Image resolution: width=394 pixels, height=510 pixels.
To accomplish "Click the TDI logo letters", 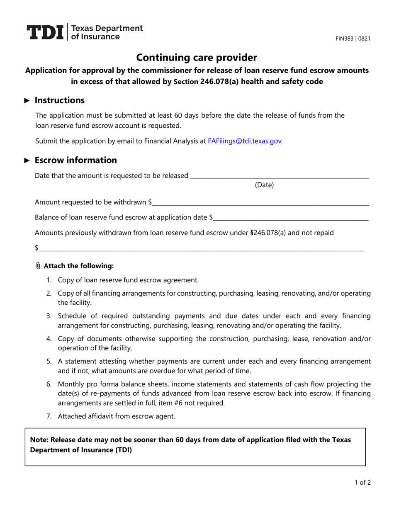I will click(45, 32).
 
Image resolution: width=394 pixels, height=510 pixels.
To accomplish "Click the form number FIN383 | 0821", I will click(353, 39).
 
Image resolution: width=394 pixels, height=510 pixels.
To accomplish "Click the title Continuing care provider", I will click(197, 58).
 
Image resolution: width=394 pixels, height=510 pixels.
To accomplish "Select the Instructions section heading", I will click(59, 100).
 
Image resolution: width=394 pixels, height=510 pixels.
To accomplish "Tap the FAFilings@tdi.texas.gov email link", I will click(244, 141).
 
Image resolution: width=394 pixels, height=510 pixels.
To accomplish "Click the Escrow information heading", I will click(75, 160).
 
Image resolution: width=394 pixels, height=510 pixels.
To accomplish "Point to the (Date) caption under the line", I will click(264, 185).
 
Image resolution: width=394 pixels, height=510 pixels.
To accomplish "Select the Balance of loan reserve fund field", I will click(291, 217).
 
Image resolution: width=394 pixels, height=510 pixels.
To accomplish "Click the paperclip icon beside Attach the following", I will click(38, 266).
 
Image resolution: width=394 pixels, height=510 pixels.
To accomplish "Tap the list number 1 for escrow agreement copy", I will click(49, 280).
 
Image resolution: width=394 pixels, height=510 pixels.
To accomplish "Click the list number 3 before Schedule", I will click(49, 316).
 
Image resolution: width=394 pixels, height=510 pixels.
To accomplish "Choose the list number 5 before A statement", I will click(49, 362).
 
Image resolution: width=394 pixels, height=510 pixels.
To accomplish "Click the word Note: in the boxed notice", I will click(39, 440).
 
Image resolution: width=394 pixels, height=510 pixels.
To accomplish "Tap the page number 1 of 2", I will click(362, 482).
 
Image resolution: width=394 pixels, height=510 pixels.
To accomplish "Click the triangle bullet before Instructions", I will click(27, 100).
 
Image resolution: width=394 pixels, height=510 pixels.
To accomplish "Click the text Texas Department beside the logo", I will click(107, 28).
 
